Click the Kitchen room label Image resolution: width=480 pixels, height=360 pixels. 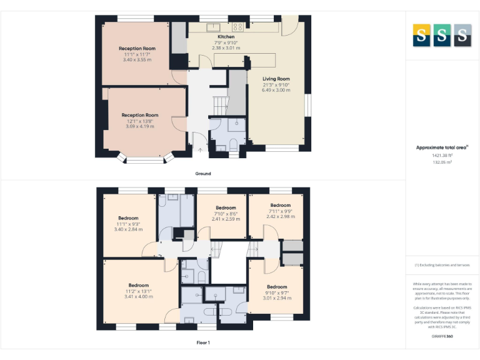(x=226, y=37)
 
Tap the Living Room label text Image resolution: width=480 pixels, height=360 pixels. (x=276, y=79)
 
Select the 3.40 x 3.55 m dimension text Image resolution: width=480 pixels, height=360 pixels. (x=137, y=59)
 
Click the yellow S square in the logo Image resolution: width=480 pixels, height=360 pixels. (x=421, y=36)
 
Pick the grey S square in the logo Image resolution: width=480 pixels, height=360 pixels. (x=462, y=36)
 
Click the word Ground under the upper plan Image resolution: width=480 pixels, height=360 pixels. (x=202, y=174)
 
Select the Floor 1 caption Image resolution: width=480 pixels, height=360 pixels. (x=202, y=342)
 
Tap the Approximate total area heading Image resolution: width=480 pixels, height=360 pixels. (x=442, y=147)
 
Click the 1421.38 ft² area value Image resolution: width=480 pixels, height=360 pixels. (x=442, y=155)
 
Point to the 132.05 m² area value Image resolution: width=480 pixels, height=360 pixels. (x=442, y=162)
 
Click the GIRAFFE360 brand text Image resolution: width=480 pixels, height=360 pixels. (x=442, y=337)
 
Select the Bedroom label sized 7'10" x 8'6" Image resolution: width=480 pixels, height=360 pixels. (x=226, y=207)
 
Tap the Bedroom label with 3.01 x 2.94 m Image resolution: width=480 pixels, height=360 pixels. (x=277, y=287)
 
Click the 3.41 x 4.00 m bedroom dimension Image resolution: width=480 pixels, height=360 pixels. (x=138, y=296)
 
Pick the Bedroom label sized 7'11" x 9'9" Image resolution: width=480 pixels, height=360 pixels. (x=280, y=205)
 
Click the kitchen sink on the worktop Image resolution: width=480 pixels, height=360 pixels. (x=212, y=27)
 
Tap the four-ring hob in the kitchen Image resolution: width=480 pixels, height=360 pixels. (x=238, y=27)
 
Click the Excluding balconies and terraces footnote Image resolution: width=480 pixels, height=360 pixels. (x=442, y=265)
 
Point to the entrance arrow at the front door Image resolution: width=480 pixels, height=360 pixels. (x=200, y=149)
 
